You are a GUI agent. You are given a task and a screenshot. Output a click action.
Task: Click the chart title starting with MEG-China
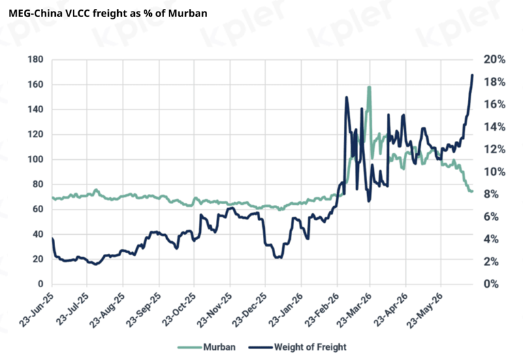point(108,14)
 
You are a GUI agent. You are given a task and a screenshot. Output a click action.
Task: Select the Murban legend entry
point(206,347)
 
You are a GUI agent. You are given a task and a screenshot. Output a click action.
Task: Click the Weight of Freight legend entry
point(298,347)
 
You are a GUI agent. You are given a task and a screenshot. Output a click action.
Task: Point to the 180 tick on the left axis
point(35,59)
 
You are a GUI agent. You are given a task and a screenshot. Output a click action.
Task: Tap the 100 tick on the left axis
point(35,159)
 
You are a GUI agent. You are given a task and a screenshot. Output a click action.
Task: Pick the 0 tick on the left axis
point(41,284)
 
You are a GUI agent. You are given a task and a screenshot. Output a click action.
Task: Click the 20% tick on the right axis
point(494,60)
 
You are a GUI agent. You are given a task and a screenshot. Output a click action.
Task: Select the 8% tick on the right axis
point(491,195)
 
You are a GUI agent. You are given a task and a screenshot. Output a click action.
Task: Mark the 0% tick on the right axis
point(491,284)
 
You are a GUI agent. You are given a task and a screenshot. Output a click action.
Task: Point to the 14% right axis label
point(494,127)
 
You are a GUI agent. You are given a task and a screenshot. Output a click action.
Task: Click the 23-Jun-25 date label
point(37,310)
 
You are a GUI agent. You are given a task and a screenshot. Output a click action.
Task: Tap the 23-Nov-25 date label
point(215,310)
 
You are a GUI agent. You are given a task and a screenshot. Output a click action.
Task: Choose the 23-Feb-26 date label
point(322,310)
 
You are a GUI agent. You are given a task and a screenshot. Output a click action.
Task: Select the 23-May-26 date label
point(426,310)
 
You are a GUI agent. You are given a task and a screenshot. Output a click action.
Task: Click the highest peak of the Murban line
point(369,87)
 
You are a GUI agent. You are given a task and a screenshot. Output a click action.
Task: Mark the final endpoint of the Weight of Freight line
point(473,75)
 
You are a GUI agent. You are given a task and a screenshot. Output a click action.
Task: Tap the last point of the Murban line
point(472,191)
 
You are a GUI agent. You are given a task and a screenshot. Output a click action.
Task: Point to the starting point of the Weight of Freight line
point(52,238)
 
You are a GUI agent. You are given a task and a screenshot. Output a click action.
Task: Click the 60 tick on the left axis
point(38,210)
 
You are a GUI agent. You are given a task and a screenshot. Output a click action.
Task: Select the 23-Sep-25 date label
point(144,310)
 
